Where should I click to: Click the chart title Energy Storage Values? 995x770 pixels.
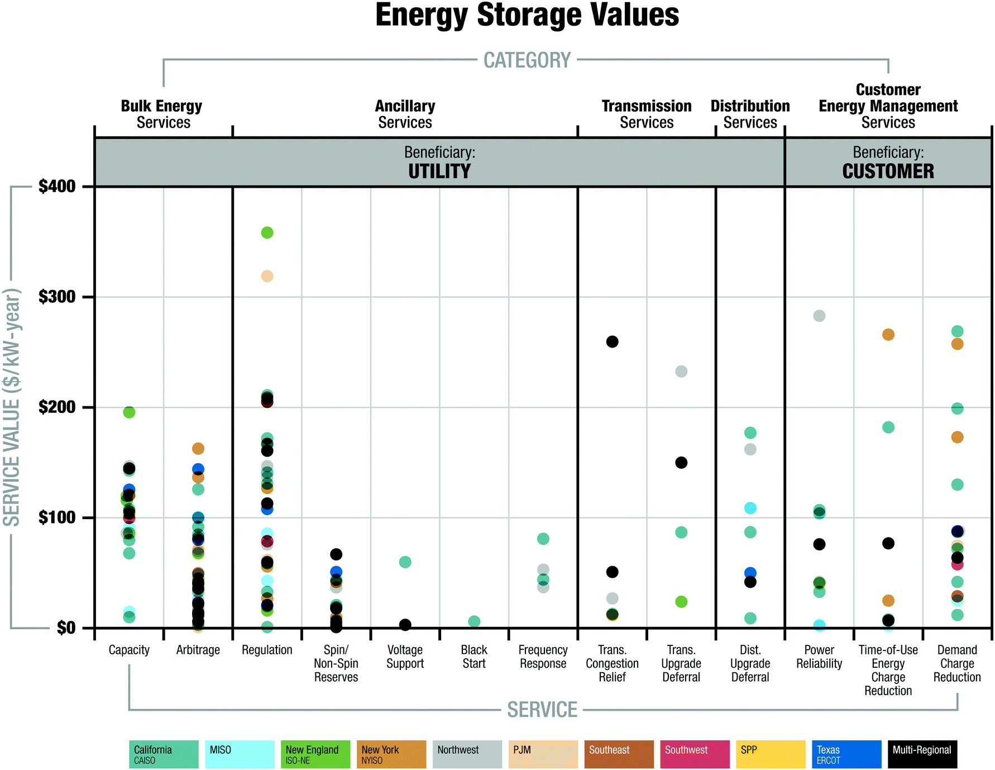[x=527, y=15]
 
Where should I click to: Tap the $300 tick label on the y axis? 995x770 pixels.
[x=56, y=297]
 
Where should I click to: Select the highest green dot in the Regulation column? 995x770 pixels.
[x=267, y=232]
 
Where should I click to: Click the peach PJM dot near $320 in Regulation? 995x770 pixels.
[x=267, y=276]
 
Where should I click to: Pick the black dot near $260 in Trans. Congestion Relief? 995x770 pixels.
[x=612, y=341]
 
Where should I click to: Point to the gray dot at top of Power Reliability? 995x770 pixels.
[x=819, y=316]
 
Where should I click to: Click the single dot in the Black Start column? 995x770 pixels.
[x=474, y=621]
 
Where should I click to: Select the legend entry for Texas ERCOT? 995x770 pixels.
[x=846, y=754]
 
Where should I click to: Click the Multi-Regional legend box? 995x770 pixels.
[x=922, y=754]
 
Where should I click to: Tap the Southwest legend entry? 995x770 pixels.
[x=694, y=754]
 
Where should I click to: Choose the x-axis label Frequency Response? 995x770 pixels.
[x=543, y=657]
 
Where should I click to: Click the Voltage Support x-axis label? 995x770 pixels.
[x=405, y=657]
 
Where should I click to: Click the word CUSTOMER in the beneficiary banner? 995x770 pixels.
[x=888, y=171]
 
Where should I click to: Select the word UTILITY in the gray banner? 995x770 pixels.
[x=439, y=171]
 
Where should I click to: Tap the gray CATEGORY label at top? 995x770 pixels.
[x=527, y=60]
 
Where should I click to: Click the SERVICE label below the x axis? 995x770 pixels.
[x=542, y=710]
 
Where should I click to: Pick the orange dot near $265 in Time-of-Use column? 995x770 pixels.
[x=888, y=335]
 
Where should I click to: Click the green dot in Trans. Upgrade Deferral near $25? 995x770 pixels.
[x=681, y=602]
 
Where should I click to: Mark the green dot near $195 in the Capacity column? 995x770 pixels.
[x=129, y=412]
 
